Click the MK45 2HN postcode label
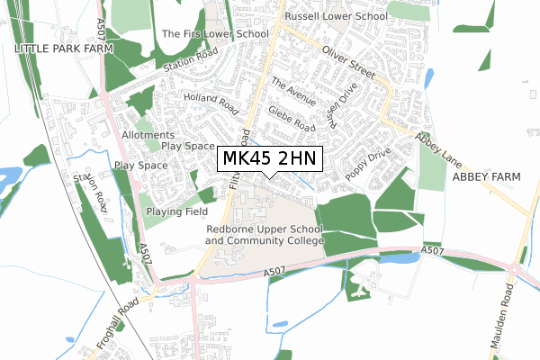(x=267, y=159)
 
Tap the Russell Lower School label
(x=336, y=16)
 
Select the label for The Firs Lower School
(x=214, y=33)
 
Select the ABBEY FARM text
(x=486, y=177)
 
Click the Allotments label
(x=148, y=134)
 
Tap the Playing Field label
(x=175, y=211)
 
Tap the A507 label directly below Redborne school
(x=277, y=272)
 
